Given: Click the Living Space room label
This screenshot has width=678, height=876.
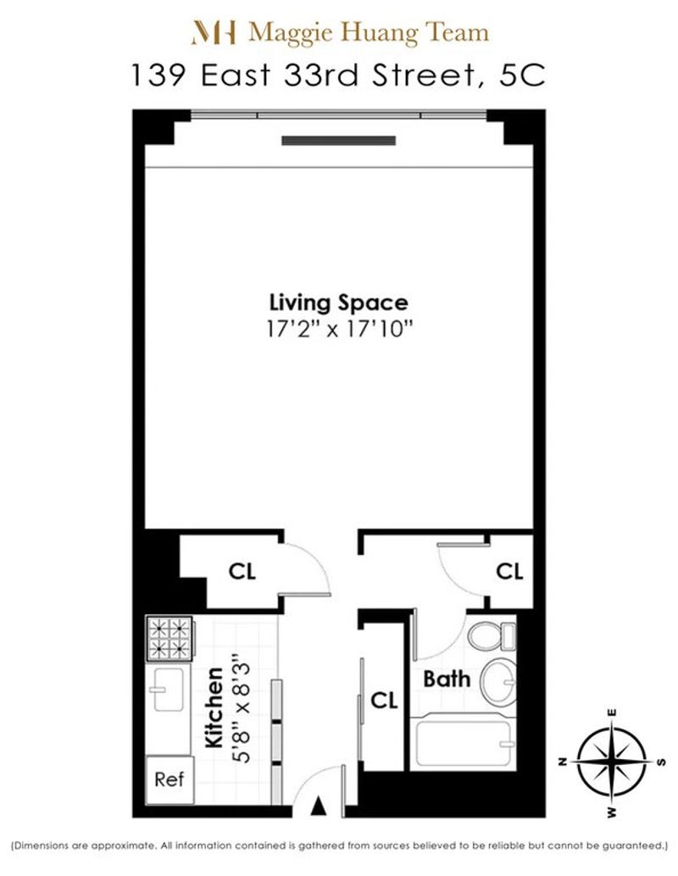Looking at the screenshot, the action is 339,302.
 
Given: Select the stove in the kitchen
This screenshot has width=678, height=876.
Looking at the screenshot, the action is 169,639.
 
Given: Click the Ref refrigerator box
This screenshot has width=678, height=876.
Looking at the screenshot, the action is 169,780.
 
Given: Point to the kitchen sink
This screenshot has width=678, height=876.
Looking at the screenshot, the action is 167,690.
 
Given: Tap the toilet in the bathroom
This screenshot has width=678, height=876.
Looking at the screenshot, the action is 492,635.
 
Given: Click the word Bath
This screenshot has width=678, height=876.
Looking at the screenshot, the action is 447,679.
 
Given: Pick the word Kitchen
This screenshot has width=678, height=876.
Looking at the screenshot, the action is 214,707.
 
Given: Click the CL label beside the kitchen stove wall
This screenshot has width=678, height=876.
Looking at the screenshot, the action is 242,571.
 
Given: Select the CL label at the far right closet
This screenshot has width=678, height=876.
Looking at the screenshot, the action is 509,571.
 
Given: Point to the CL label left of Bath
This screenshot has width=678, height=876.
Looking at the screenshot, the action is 384,700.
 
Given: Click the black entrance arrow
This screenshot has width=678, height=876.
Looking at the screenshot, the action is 318,805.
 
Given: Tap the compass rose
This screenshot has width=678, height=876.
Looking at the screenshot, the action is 612,762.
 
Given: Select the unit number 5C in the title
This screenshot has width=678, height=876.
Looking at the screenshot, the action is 522,75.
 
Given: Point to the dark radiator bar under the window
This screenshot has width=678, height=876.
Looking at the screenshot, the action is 339,141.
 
